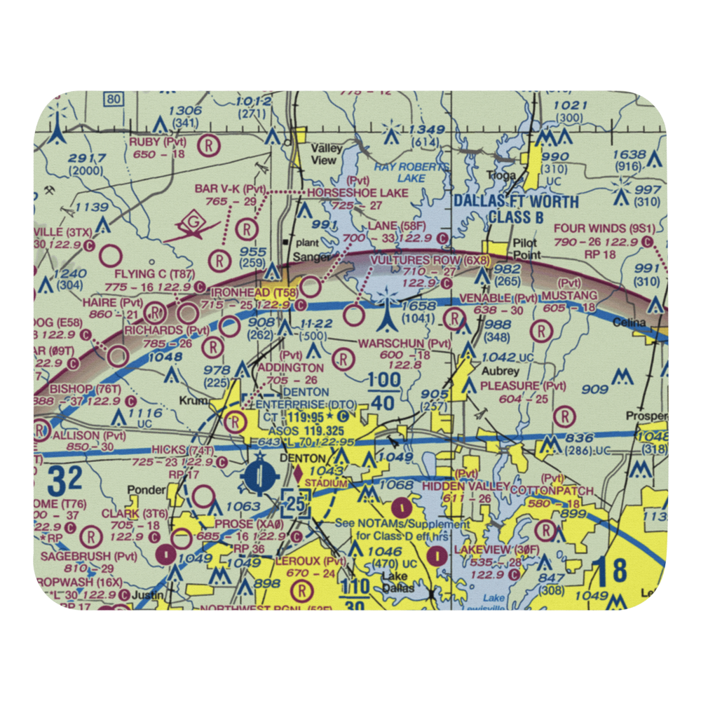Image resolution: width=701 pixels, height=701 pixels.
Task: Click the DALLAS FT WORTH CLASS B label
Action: point(516,210)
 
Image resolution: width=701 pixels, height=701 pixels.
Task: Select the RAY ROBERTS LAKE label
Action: point(410,172)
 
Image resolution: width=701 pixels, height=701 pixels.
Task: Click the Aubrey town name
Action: point(500,371)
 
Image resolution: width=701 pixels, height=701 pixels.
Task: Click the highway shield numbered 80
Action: point(113,100)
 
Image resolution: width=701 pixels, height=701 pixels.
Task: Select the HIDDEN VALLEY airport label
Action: point(466,486)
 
